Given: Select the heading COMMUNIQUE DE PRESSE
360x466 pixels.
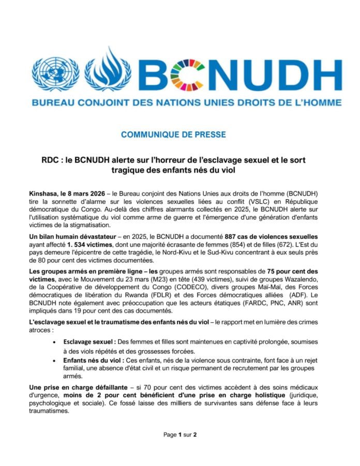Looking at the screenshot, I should (173, 134).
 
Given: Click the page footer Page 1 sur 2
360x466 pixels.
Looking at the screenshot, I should (180, 435).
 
